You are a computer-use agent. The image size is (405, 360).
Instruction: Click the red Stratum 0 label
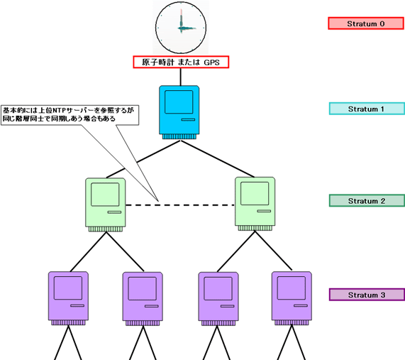click(x=366, y=23)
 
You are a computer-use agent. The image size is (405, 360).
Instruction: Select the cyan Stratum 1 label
click(x=366, y=109)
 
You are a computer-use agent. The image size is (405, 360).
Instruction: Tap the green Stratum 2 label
click(x=366, y=201)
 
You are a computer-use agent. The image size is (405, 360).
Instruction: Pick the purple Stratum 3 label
click(x=366, y=294)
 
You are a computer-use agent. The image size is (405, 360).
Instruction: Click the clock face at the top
click(x=180, y=26)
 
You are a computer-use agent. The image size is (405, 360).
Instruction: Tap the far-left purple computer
click(x=68, y=297)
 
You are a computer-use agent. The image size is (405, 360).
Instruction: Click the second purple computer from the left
click(x=143, y=297)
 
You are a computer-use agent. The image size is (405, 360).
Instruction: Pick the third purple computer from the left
click(x=218, y=297)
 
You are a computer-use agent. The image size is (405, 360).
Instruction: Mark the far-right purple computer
click(x=292, y=297)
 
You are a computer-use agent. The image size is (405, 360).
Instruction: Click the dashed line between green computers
click(x=180, y=205)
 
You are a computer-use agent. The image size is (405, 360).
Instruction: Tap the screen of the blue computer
click(x=177, y=102)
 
